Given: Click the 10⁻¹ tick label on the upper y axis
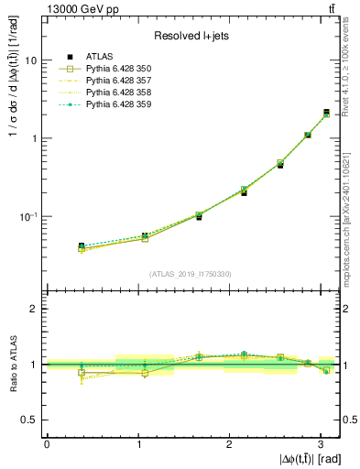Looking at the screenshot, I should pos(27,217).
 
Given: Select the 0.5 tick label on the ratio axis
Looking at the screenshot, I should pos(29,420).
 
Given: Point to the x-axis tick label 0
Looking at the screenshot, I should pos(47,442).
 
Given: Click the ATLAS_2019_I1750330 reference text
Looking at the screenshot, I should pos(191,274).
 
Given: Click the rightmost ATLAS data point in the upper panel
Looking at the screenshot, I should pos(326,113).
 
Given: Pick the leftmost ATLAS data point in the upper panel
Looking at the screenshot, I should pos(82,246).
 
